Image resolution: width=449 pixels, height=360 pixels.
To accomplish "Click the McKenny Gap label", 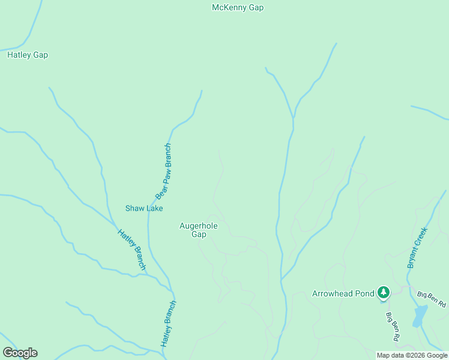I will pyautogui.click(x=238, y=8).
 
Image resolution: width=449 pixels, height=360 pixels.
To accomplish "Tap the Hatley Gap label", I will pyautogui.click(x=28, y=55).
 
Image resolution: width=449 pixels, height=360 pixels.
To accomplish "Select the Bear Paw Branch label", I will pyautogui.click(x=164, y=171).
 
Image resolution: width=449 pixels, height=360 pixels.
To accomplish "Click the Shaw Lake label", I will pyautogui.click(x=144, y=208).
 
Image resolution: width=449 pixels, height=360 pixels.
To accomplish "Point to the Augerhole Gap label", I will pyautogui.click(x=199, y=230).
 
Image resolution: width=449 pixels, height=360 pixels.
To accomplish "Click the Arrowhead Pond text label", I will pyautogui.click(x=343, y=293).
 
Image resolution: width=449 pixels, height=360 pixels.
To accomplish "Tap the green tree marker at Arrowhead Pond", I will pyautogui.click(x=384, y=293).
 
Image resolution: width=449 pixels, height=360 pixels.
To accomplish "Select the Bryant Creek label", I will pyautogui.click(x=417, y=247).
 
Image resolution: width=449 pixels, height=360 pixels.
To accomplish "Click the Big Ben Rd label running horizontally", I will pyautogui.click(x=432, y=299).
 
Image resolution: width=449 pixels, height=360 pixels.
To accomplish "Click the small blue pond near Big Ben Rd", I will pyautogui.click(x=420, y=316).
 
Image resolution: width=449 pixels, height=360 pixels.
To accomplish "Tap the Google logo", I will pyautogui.click(x=20, y=353).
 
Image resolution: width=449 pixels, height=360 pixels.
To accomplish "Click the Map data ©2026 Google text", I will pyautogui.click(x=412, y=355).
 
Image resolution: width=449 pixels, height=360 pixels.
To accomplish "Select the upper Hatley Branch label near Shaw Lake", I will pyautogui.click(x=131, y=250).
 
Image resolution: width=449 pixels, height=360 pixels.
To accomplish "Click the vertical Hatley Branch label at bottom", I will pyautogui.click(x=168, y=323).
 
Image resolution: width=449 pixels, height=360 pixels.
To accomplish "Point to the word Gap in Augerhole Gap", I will pyautogui.click(x=199, y=235).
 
